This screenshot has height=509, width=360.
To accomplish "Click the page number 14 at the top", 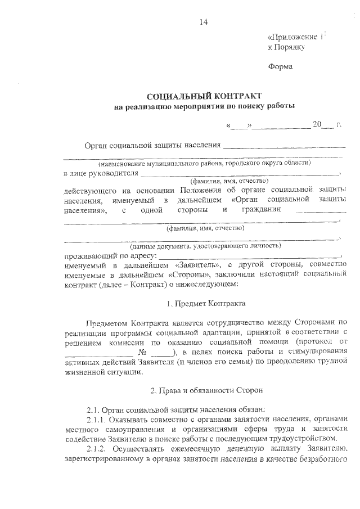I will pos(203,22).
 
